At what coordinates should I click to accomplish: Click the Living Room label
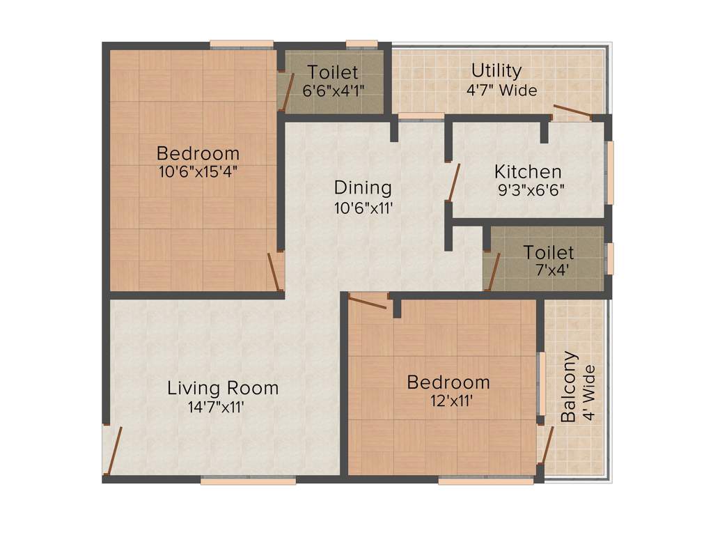click(x=222, y=388)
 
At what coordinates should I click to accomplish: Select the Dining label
click(x=363, y=187)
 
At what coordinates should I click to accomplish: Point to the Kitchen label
click(x=528, y=171)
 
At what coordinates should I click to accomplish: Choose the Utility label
click(x=496, y=71)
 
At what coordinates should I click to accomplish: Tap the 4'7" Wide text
click(x=501, y=90)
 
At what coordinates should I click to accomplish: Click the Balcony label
click(x=569, y=387)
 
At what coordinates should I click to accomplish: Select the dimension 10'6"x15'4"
click(x=198, y=171)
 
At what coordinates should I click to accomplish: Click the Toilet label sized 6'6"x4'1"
click(x=333, y=72)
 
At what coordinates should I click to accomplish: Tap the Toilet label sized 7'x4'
click(x=549, y=252)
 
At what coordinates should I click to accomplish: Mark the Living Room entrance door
click(x=113, y=450)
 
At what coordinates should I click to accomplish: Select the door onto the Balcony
click(x=547, y=445)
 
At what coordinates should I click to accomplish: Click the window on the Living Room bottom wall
click(x=249, y=480)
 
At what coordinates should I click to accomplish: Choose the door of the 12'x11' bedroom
click(x=368, y=302)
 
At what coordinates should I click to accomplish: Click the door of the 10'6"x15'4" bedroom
click(x=275, y=272)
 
